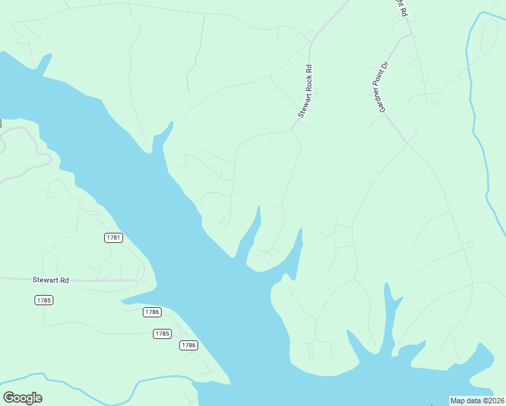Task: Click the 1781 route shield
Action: (x=114, y=238)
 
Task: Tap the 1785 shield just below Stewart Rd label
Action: (x=44, y=300)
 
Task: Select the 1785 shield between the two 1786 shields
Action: (x=162, y=334)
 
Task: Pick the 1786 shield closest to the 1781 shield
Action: (x=152, y=312)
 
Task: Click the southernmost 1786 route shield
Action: (x=189, y=345)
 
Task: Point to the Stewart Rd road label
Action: (x=51, y=279)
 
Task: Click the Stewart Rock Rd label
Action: (x=306, y=93)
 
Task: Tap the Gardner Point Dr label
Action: (x=384, y=87)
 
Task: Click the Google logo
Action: (x=22, y=398)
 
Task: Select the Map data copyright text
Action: (x=478, y=401)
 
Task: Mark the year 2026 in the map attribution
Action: (x=495, y=401)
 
